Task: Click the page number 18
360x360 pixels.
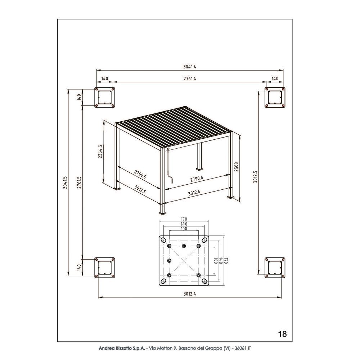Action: [283, 334]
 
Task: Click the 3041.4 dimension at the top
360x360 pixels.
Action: [189, 67]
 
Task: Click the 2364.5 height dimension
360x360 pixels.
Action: [100, 152]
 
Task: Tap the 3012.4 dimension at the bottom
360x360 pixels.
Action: [189, 294]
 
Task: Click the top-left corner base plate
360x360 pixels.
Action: [105, 98]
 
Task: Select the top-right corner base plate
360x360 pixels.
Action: [275, 98]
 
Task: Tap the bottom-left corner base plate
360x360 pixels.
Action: [105, 268]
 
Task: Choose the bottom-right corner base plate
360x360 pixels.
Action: [275, 268]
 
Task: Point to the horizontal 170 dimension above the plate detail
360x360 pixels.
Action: [184, 219]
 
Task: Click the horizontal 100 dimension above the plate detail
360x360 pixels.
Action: [184, 229]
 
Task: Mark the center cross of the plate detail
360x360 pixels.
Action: [184, 261]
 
